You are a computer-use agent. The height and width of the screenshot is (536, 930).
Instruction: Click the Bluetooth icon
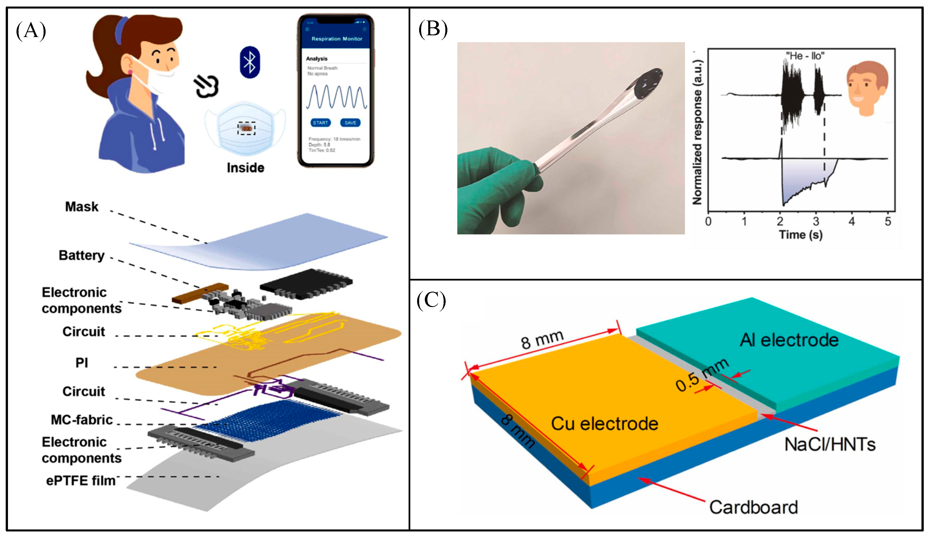[250, 62]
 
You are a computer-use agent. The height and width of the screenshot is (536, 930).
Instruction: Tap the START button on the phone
[320, 122]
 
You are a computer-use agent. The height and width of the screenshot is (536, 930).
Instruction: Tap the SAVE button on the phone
[350, 122]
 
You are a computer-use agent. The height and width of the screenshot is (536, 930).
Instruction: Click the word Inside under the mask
[245, 168]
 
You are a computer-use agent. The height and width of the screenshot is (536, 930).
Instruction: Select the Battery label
[81, 255]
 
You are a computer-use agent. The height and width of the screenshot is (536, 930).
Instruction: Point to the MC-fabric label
[81, 420]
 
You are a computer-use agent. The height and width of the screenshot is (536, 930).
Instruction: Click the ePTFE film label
[81, 480]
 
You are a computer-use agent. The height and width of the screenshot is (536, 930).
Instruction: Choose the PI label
[81, 363]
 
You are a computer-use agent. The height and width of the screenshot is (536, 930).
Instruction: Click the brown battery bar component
[200, 293]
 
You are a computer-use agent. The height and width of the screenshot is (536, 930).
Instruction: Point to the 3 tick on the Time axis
[816, 222]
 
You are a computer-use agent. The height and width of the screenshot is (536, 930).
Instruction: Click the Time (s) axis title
[800, 234]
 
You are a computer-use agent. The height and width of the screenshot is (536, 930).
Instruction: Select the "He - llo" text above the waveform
[805, 56]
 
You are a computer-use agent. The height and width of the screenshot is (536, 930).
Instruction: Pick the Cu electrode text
[604, 424]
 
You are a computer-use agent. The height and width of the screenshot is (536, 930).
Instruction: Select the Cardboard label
[753, 507]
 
